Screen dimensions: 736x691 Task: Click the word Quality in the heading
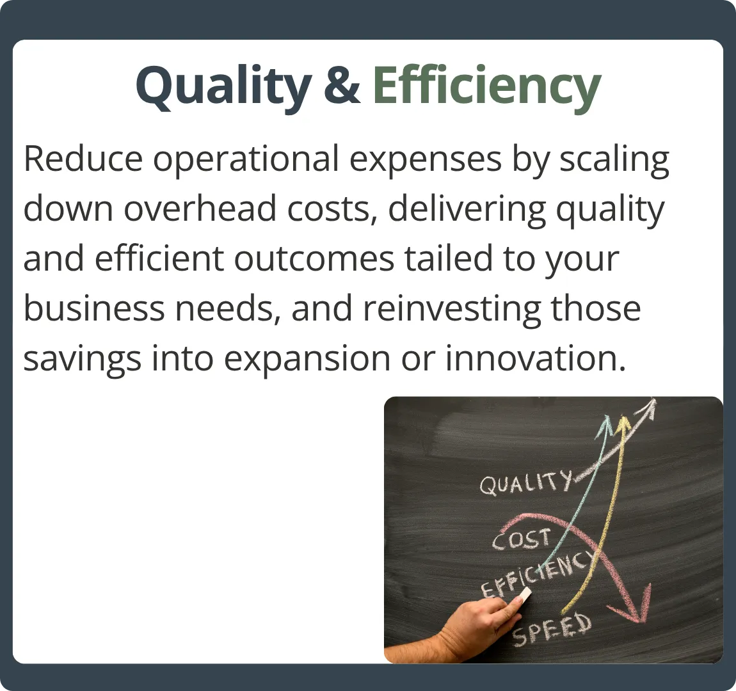224,87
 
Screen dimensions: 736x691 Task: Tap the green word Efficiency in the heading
487,87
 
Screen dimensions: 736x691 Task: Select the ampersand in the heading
342,85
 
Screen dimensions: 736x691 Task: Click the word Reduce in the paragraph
83,159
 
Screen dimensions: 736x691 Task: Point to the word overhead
200,209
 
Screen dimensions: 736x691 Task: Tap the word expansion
307,360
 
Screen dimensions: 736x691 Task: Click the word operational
246,160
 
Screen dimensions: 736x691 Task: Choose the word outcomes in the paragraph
314,259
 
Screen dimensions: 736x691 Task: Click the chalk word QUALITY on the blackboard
526,482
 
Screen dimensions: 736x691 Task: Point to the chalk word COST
521,539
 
